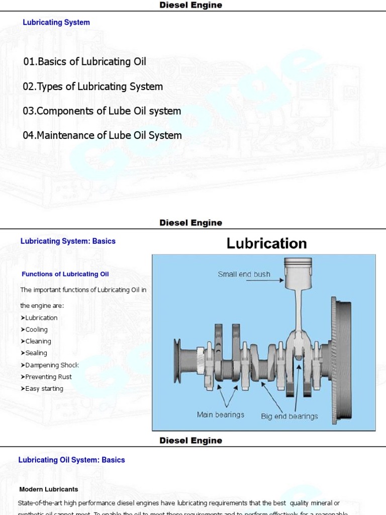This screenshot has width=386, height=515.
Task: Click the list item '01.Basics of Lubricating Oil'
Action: [x=84, y=62]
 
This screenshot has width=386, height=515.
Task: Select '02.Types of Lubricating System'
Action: [x=93, y=87]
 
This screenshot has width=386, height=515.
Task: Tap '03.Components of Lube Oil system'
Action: [x=102, y=111]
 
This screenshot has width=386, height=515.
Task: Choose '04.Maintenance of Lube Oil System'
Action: [x=102, y=135]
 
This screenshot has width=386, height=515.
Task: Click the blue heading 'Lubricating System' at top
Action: [x=56, y=23]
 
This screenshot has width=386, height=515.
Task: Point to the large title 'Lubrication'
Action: [x=266, y=243]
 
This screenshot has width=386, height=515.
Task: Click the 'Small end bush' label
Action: [x=244, y=275]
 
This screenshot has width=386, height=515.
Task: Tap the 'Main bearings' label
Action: [x=220, y=415]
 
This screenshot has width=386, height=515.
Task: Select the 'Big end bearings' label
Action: [x=289, y=416]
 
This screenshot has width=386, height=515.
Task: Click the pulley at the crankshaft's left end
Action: [x=178, y=350]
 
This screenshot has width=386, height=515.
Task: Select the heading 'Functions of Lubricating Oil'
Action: [x=65, y=274]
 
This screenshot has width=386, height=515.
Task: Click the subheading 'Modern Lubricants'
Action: [x=49, y=489]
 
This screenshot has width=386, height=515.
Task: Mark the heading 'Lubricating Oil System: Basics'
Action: [x=71, y=460]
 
